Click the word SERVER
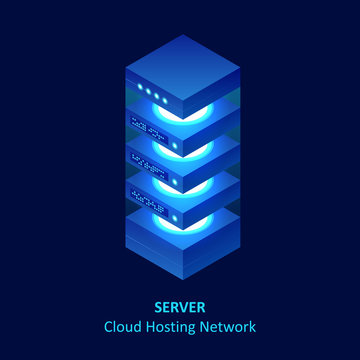(180, 307)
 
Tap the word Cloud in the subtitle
(124, 327)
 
